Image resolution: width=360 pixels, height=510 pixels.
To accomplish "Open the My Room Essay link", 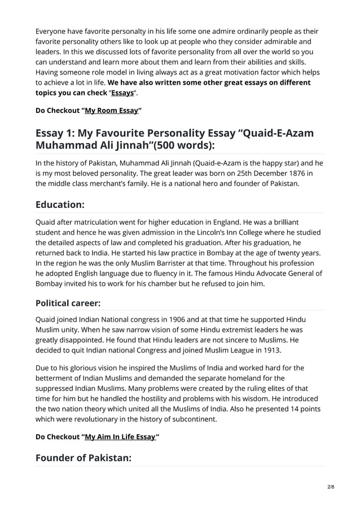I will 111,111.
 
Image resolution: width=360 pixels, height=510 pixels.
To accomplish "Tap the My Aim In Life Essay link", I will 120,437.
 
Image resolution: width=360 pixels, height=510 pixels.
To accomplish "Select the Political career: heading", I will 68,303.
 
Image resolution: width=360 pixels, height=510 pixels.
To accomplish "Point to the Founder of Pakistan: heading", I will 83,457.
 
